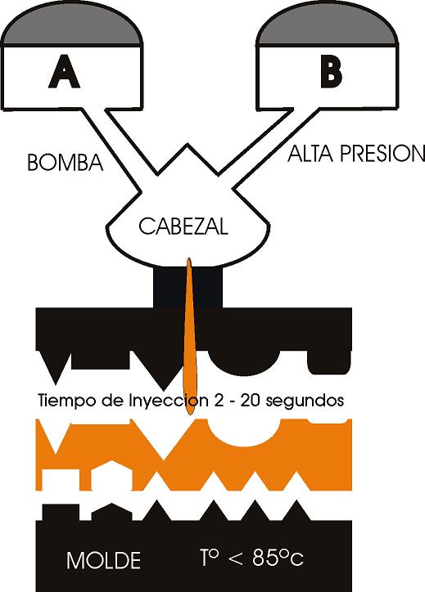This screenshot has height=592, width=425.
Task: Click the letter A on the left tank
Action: pos(64,71)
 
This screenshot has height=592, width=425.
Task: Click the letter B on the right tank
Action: pos(331,71)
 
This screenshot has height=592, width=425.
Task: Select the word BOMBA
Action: pos(66,163)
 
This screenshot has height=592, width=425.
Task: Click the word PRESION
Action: pos(382,154)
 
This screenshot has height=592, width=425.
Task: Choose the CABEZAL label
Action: pos(183,226)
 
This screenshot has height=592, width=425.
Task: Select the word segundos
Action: pos(305,401)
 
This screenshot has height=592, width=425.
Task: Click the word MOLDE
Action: pos(104,560)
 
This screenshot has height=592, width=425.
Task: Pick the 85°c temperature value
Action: pos(278,558)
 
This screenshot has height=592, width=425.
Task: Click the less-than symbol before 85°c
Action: pos(236,559)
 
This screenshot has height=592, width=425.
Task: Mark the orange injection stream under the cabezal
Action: pos(190,336)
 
